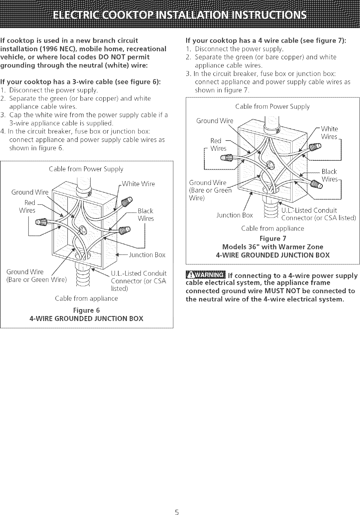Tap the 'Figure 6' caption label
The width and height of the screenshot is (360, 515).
[86, 310]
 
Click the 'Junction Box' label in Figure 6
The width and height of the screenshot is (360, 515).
[146, 255]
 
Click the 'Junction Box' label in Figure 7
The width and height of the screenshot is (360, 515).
[234, 215]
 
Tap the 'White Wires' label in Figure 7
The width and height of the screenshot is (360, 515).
[329, 133]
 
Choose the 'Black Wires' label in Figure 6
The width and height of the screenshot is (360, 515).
[145, 215]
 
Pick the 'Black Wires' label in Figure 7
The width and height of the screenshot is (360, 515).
[330, 175]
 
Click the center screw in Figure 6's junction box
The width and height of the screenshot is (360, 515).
[83, 228]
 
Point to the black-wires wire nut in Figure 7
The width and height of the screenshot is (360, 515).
[318, 184]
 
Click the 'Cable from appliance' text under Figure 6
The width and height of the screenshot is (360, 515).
[86, 298]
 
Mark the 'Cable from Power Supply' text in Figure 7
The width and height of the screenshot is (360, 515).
[272, 106]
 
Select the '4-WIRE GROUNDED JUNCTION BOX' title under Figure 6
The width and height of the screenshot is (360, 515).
[86, 319]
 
